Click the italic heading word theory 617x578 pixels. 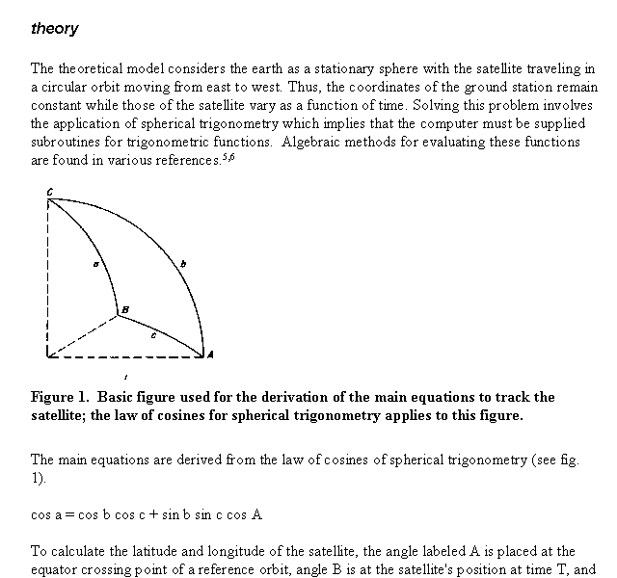55,29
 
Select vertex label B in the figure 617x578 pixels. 123,308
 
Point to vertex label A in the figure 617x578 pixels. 210,355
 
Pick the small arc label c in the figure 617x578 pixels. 155,336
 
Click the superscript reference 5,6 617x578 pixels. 228,157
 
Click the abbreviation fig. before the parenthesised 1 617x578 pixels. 566,460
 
